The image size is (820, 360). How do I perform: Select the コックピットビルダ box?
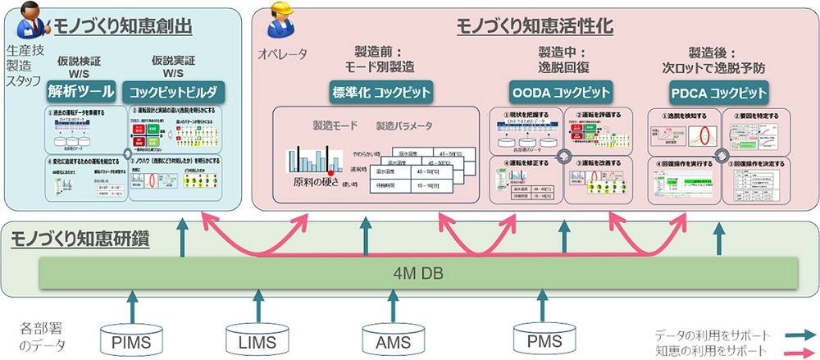pyautogui.click(x=174, y=89)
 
